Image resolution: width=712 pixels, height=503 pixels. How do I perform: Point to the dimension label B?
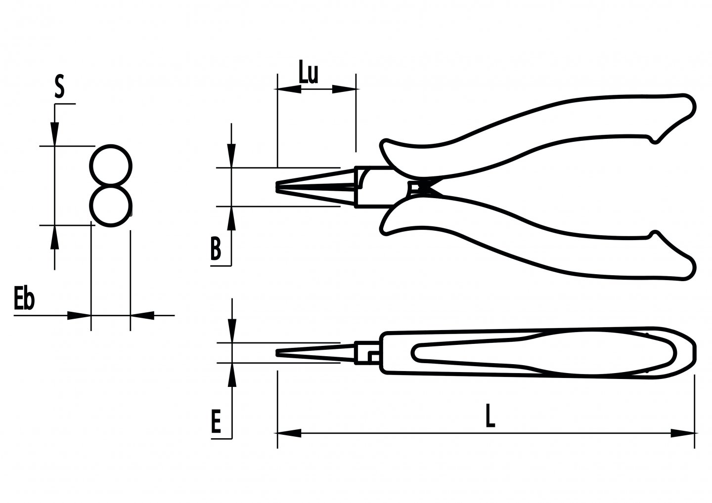pyautogui.click(x=215, y=249)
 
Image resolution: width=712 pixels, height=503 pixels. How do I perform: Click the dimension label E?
pyautogui.click(x=215, y=421)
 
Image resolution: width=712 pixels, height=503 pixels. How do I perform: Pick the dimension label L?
pyautogui.click(x=489, y=417)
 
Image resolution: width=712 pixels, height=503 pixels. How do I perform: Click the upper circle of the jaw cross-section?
pyautogui.click(x=111, y=166)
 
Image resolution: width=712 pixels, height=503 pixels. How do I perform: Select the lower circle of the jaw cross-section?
pyautogui.click(x=111, y=206)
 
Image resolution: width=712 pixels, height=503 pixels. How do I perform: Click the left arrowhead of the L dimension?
pyautogui.click(x=289, y=433)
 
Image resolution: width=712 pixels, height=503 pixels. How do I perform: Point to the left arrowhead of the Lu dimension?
pyautogui.click(x=289, y=89)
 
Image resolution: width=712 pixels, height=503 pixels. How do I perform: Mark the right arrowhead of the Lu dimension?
pyautogui.click(x=344, y=89)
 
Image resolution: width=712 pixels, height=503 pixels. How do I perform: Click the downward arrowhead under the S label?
pyautogui.click(x=54, y=133)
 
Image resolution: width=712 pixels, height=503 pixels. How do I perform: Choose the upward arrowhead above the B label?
pyautogui.click(x=231, y=217)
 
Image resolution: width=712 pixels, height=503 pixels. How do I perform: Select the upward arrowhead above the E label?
pyautogui.click(x=231, y=375)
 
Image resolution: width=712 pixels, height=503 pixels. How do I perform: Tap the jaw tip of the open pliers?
pyautogui.click(x=278, y=188)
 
